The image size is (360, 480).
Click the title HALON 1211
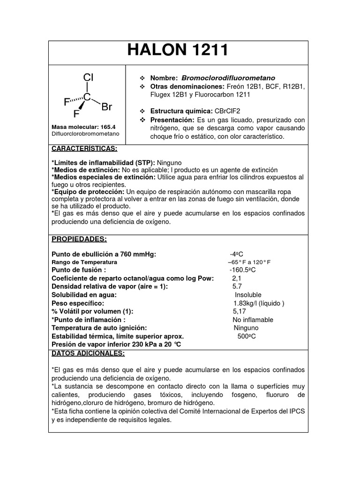pyautogui.click(x=178, y=50)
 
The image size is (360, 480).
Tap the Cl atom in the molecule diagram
pyautogui.click(x=88, y=77)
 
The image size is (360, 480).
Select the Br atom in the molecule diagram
pyautogui.click(x=107, y=107)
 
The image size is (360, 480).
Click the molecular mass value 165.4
pyautogui.click(x=109, y=127)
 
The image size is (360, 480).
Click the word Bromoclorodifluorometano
pyautogui.click(x=228, y=78)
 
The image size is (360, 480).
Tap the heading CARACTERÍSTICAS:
pyautogui.click(x=84, y=149)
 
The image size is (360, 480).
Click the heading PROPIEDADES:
pyautogui.click(x=79, y=239)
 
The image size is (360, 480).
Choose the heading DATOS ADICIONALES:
pyautogui.click(x=88, y=352)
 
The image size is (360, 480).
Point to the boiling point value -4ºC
pyautogui.click(x=236, y=254)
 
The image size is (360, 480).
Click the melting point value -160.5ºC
pyautogui.click(x=242, y=270)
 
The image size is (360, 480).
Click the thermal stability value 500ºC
pyautogui.click(x=247, y=336)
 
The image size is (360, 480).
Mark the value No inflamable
pyautogui.click(x=253, y=320)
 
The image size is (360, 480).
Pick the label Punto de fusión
pyautogui.click(x=78, y=270)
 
